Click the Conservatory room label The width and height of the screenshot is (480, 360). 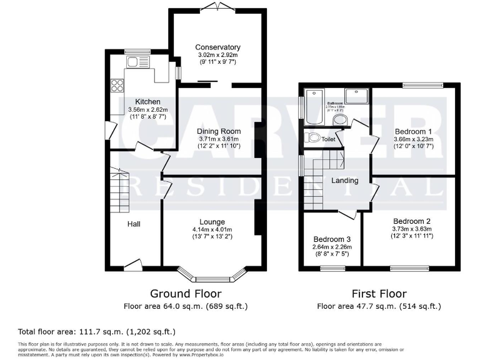point(217,47)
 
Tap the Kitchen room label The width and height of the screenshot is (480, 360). point(148,102)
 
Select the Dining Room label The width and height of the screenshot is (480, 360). point(219,131)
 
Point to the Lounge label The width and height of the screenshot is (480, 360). point(212,222)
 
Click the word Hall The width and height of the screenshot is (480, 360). point(134,224)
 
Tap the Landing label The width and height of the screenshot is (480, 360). point(344,181)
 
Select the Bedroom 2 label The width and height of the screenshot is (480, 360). point(412,221)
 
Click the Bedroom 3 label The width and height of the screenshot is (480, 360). point(332,239)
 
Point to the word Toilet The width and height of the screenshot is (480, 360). point(328,139)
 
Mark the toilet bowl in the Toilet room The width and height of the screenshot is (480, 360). point(312,137)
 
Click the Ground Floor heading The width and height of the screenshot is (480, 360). point(186,293)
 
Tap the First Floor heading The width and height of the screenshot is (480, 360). point(379,293)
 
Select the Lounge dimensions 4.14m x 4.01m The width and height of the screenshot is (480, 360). point(211,229)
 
